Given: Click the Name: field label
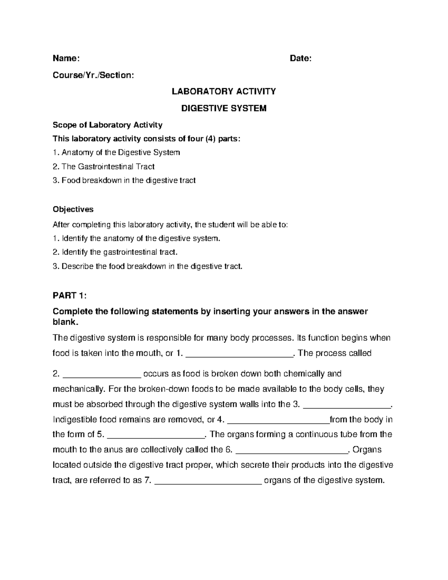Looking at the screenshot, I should point(66,58).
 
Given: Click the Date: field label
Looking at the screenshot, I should point(301,58).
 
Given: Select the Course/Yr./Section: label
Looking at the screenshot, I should point(93,75).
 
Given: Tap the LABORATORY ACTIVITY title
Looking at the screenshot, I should point(224,92).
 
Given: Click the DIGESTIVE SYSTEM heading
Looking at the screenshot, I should point(224,108).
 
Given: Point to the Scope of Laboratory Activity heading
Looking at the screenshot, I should point(108,125).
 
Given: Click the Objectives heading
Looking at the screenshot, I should point(73,209).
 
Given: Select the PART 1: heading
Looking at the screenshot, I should point(69,296).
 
